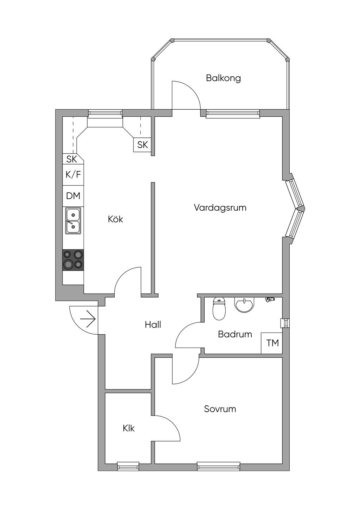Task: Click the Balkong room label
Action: click(x=223, y=78)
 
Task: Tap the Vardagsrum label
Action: click(x=220, y=208)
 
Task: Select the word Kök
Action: click(x=115, y=219)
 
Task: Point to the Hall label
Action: click(x=153, y=324)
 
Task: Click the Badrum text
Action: click(x=235, y=334)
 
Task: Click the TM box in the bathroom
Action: click(x=272, y=343)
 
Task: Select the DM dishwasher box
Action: click(x=73, y=196)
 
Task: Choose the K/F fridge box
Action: click(x=73, y=175)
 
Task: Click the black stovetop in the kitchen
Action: click(x=73, y=260)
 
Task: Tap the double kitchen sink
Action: click(x=73, y=221)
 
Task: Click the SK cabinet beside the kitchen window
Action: click(x=142, y=145)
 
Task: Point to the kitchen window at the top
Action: click(x=105, y=114)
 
